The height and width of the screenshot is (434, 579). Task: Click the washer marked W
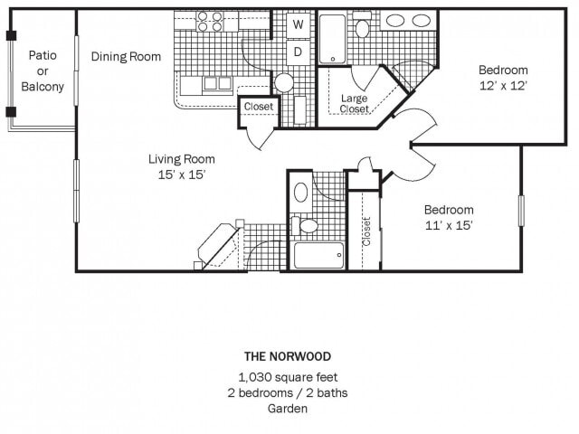tap(297, 25)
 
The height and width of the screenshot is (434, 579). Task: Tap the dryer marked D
tap(297, 52)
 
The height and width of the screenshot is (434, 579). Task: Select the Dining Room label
tap(126, 56)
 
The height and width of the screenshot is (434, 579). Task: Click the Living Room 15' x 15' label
tap(181, 166)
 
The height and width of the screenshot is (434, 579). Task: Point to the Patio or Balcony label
tap(43, 71)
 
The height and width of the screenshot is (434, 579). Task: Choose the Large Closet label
tap(354, 103)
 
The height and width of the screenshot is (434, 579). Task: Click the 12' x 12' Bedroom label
tap(503, 78)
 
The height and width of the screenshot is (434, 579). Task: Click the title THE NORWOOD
tap(288, 355)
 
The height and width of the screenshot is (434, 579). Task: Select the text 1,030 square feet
tap(288, 377)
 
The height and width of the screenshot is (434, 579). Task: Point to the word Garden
tap(288, 409)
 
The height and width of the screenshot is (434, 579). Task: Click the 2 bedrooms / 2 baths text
tap(288, 392)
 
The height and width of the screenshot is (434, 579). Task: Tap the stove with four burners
tap(210, 22)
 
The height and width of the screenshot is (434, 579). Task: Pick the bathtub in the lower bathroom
tap(318, 255)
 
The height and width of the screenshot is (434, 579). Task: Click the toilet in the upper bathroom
tap(362, 28)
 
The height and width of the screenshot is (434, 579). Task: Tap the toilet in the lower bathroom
tap(307, 225)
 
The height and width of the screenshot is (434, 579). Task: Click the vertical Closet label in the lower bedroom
tap(366, 231)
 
